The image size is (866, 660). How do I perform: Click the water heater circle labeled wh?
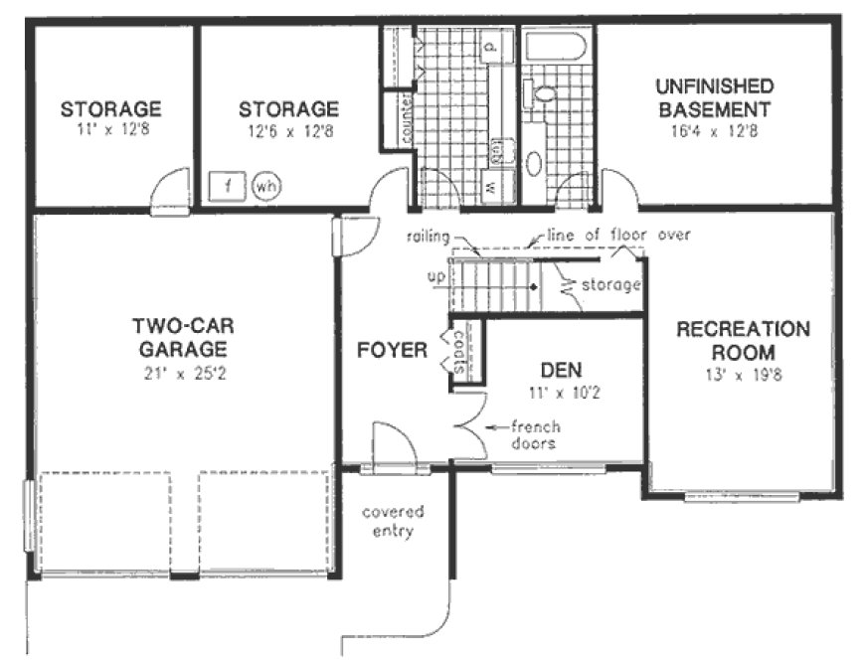pyautogui.click(x=264, y=185)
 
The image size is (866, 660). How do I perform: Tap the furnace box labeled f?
pyautogui.click(x=228, y=185)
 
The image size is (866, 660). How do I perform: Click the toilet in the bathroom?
pyautogui.click(x=545, y=95)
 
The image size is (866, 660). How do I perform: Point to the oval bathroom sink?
pyautogui.click(x=534, y=164)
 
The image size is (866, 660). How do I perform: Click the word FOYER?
pyautogui.click(x=393, y=350)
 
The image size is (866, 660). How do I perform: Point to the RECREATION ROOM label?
pyautogui.click(x=743, y=340)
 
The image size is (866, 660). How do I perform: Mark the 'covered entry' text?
pyautogui.click(x=392, y=521)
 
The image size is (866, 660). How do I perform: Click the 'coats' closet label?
pyautogui.click(x=459, y=353)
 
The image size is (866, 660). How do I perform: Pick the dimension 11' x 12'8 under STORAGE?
pyautogui.click(x=109, y=129)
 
